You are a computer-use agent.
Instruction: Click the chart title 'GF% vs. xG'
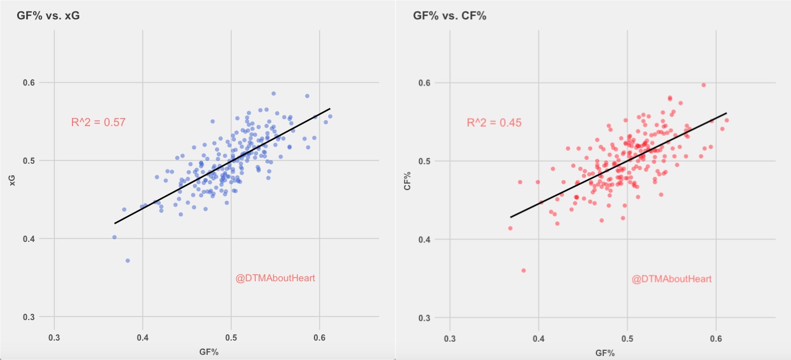pyautogui.click(x=48, y=15)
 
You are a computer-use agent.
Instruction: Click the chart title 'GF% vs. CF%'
pyautogui.click(x=449, y=15)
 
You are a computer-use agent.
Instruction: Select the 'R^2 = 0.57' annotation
pyautogui.click(x=98, y=122)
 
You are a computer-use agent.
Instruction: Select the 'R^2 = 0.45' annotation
pyautogui.click(x=494, y=123)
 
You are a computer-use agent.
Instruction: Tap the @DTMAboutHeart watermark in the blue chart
pyautogui.click(x=275, y=278)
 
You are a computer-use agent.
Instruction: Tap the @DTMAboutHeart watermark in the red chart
pyautogui.click(x=671, y=279)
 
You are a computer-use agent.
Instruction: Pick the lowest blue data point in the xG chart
pyautogui.click(x=128, y=260)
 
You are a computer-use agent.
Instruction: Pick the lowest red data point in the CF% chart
pyautogui.click(x=523, y=270)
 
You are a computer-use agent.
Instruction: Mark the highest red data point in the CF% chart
pyautogui.click(x=704, y=85)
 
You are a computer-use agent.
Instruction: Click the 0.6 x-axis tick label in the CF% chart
pyautogui.click(x=716, y=338)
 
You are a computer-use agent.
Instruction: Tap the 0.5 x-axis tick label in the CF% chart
pyautogui.click(x=627, y=338)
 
